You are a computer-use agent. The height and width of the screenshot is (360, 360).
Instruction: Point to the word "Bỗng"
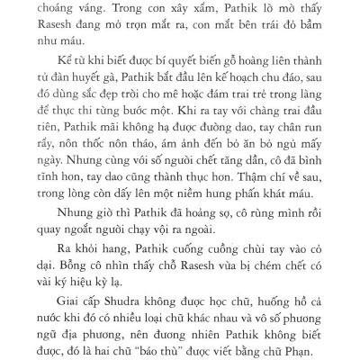coord(67,335)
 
